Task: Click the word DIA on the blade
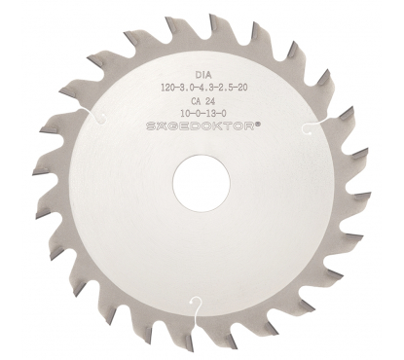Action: [x=203, y=75]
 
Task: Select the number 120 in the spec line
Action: [x=168, y=88]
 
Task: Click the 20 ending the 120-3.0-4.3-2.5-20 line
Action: [x=243, y=88]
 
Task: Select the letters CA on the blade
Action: [x=197, y=101]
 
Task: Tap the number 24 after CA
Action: [x=210, y=101]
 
